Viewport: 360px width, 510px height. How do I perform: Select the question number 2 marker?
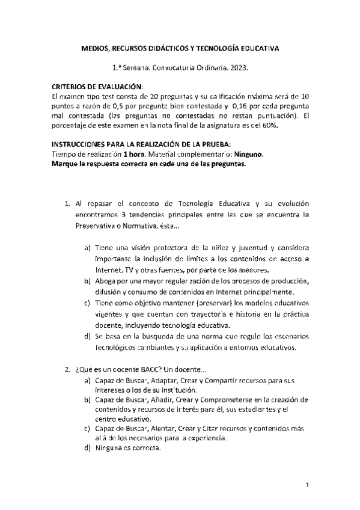click(x=67, y=369)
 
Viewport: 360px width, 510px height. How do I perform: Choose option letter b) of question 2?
click(x=88, y=399)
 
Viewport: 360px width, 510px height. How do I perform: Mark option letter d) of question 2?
click(x=88, y=448)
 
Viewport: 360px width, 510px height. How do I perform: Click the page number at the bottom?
click(x=307, y=485)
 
